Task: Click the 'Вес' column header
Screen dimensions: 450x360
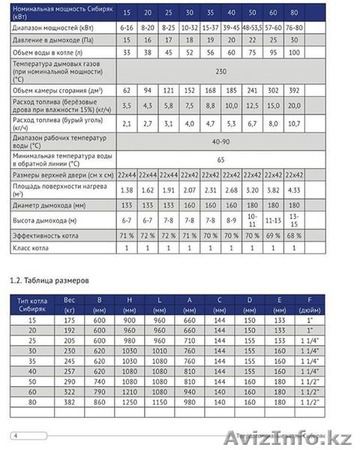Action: tap(71, 298)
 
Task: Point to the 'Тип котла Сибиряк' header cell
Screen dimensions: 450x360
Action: tap(32, 303)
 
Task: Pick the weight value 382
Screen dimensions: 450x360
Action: tap(71, 402)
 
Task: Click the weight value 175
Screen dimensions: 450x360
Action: tap(71, 319)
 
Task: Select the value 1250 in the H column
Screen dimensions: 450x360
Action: tap(130, 402)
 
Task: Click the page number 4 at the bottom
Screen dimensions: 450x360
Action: tap(15, 435)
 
